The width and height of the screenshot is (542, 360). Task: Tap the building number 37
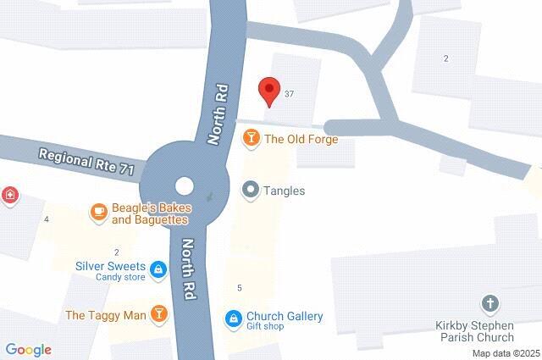click(290, 93)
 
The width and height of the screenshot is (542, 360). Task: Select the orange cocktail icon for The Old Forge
click(251, 139)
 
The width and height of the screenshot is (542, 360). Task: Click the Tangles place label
click(285, 191)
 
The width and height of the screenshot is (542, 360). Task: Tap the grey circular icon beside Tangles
click(251, 190)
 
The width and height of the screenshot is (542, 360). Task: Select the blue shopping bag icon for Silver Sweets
click(158, 270)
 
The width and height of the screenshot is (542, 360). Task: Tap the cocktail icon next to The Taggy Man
click(158, 315)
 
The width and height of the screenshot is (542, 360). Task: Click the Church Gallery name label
click(284, 316)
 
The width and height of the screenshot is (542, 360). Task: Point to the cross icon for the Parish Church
click(489, 303)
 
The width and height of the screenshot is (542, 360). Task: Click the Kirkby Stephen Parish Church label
click(488, 331)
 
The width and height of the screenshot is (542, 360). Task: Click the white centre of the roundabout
click(184, 186)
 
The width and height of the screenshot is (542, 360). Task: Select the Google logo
click(28, 350)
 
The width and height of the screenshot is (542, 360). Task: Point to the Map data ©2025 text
click(506, 353)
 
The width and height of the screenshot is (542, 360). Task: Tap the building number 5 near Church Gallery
click(240, 288)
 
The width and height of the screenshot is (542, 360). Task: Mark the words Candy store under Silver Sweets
click(119, 277)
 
